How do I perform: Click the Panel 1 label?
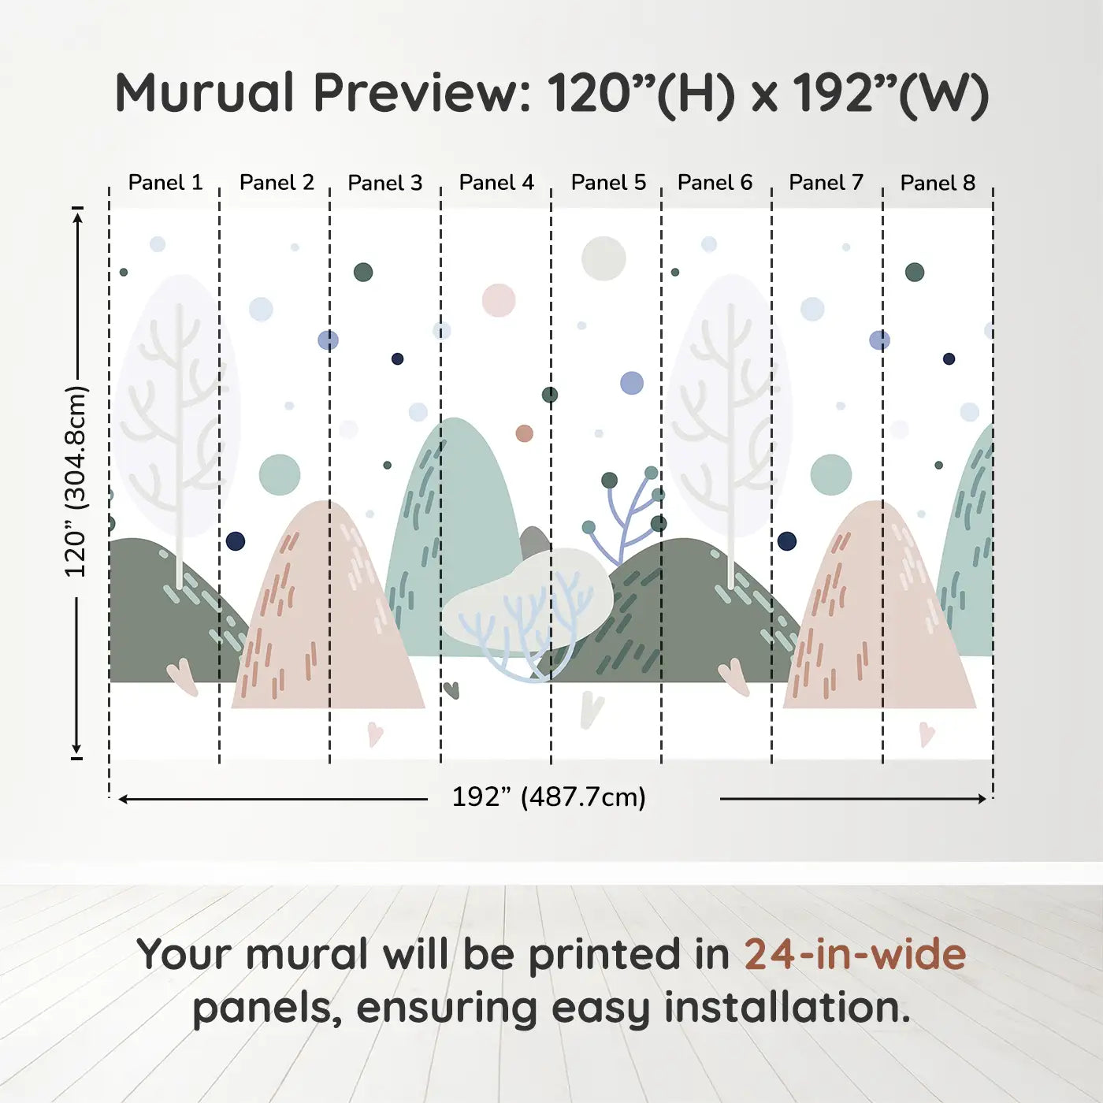click(165, 183)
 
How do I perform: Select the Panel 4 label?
click(496, 183)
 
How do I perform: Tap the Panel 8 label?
click(938, 183)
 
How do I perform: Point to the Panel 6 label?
click(715, 183)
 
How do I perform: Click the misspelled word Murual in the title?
click(205, 93)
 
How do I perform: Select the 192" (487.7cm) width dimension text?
click(549, 797)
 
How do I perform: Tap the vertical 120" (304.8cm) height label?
click(76, 481)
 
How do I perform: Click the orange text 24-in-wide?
click(855, 954)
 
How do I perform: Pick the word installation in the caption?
click(787, 1008)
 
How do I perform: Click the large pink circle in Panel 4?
click(499, 300)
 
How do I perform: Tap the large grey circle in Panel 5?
click(603, 258)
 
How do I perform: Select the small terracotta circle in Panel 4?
click(524, 433)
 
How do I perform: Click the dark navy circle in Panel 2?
click(236, 541)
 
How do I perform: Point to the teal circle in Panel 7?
click(831, 474)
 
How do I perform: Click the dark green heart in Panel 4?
click(451, 690)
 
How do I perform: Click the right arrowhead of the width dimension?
click(982, 799)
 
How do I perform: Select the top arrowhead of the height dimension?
click(78, 216)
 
